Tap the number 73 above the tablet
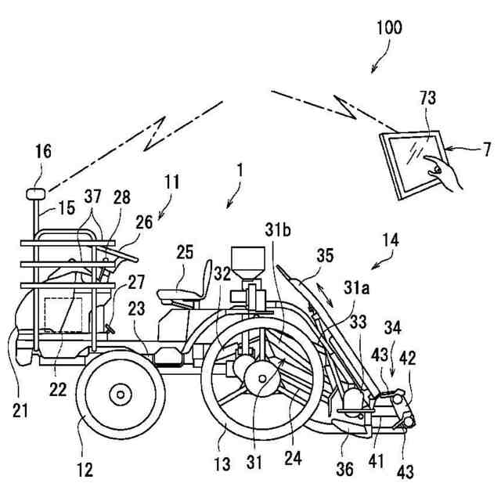(427, 99)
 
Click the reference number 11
(172, 183)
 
